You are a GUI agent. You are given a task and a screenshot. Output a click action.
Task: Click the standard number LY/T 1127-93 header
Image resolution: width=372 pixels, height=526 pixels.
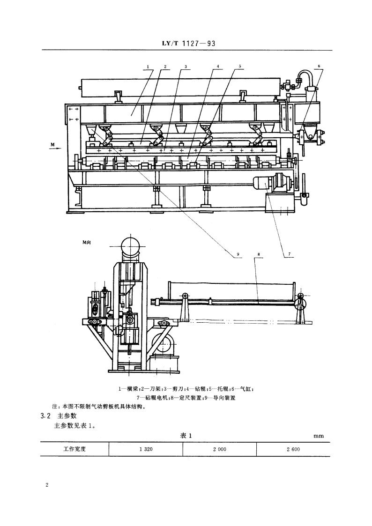186,44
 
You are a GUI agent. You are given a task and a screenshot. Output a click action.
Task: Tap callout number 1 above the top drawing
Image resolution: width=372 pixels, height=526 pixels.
148,67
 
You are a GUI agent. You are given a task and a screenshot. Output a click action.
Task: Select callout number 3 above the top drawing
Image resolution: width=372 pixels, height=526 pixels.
186,67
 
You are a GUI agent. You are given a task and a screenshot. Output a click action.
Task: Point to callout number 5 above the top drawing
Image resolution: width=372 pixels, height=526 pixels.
240,67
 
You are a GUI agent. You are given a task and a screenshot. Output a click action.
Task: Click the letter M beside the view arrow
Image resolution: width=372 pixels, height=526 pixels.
52,144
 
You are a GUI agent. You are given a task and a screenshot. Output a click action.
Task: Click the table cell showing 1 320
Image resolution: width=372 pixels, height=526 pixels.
146,449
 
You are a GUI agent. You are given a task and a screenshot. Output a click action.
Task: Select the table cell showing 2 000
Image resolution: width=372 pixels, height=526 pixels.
219,449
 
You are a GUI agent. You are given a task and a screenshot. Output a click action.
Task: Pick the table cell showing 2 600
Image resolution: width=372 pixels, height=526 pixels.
293,449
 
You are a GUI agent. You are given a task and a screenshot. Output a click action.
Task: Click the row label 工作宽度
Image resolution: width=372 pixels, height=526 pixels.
74,449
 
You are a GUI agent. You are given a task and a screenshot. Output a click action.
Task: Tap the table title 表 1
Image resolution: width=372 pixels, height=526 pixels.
186,435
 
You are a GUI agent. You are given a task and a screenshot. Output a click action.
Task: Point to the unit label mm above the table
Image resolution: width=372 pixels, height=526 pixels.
319,436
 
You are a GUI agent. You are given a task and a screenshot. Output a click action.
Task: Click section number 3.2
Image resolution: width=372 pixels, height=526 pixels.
45,415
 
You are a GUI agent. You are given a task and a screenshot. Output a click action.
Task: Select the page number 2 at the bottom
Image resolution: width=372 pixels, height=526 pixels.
47,485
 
